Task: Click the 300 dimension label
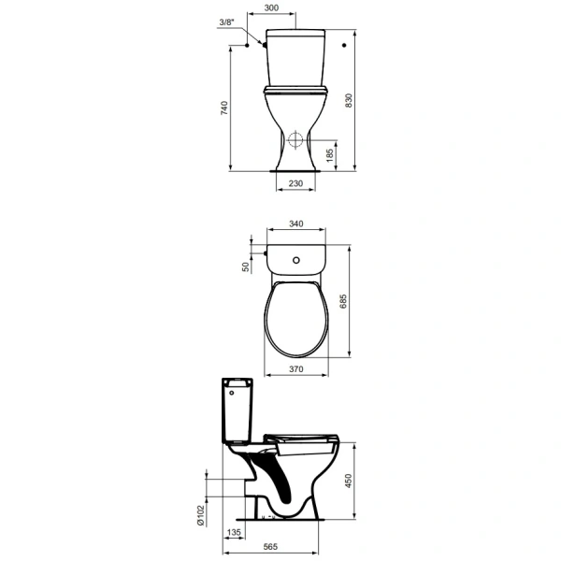click(271, 7)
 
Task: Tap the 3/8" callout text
click(226, 22)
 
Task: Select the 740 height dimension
click(224, 108)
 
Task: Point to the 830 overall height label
click(349, 101)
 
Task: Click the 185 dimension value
click(330, 155)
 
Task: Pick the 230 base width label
click(295, 183)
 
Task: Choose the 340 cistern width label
click(296, 224)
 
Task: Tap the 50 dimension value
click(246, 266)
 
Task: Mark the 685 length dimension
click(343, 301)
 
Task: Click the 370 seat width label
click(296, 369)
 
